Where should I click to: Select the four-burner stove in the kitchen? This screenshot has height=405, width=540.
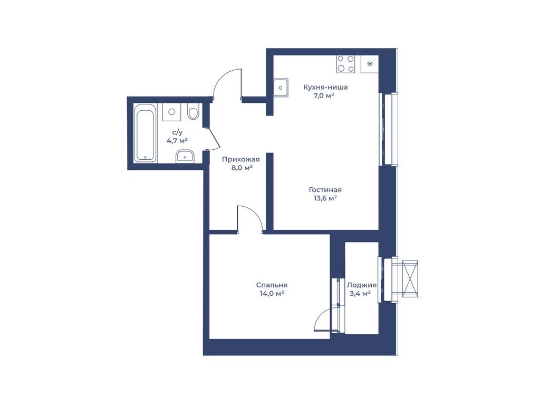[x=346, y=64]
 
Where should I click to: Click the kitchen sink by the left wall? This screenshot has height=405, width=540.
[x=281, y=88]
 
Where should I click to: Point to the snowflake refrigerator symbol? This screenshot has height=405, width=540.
[x=370, y=64]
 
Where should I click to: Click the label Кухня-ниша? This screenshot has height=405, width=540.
[x=325, y=87]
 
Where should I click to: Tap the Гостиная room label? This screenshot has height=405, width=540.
[x=325, y=190]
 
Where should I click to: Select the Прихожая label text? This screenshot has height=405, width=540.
[x=240, y=159]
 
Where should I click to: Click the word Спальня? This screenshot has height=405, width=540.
[x=272, y=285]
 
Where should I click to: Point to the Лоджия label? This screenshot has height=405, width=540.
[x=361, y=285]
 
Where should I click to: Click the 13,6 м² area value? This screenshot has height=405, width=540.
[x=325, y=198]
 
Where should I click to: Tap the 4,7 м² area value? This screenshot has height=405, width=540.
[x=177, y=140]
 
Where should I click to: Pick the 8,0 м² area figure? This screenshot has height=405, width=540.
[x=240, y=168]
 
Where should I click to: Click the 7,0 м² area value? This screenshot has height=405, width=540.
[x=324, y=96]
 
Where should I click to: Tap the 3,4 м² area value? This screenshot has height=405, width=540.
[x=360, y=294]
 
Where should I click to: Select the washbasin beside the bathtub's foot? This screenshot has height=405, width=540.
[x=185, y=157]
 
